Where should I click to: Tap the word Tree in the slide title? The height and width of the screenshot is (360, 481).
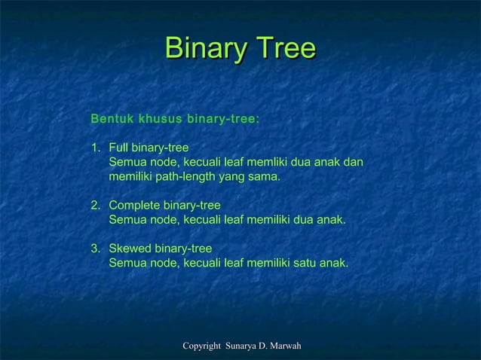[284, 49]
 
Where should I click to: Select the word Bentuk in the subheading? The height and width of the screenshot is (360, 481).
[111, 119]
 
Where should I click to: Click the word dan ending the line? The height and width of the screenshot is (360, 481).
[353, 162]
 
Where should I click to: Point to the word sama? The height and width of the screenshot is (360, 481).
[264, 177]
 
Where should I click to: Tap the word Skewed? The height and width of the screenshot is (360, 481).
[130, 249]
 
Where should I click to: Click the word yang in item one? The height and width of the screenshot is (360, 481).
[231, 178]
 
